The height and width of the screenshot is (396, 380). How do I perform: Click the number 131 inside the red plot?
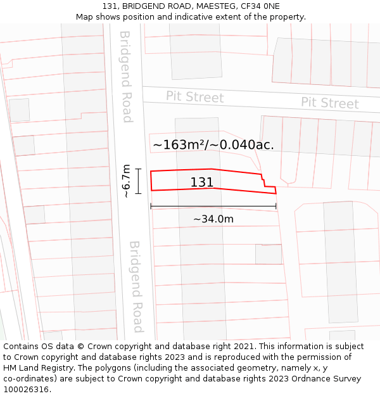coord(202,182)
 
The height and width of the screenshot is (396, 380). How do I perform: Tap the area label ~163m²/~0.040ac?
coord(213,144)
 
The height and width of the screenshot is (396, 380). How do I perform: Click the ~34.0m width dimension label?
coord(213,219)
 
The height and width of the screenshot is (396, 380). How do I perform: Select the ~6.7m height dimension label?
coord(126,181)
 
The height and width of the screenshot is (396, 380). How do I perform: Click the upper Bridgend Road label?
coord(125,76)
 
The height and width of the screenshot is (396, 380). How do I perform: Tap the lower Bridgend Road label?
coord(136,286)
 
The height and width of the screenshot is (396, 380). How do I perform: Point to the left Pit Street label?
coord(194,97)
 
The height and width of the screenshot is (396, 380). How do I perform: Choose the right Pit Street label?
coord(329,103)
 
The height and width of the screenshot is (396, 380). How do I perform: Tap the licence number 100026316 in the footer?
coord(26,390)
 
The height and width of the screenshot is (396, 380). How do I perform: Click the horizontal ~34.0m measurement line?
coord(213,207)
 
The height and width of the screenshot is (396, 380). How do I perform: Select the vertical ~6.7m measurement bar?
coord(138,181)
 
